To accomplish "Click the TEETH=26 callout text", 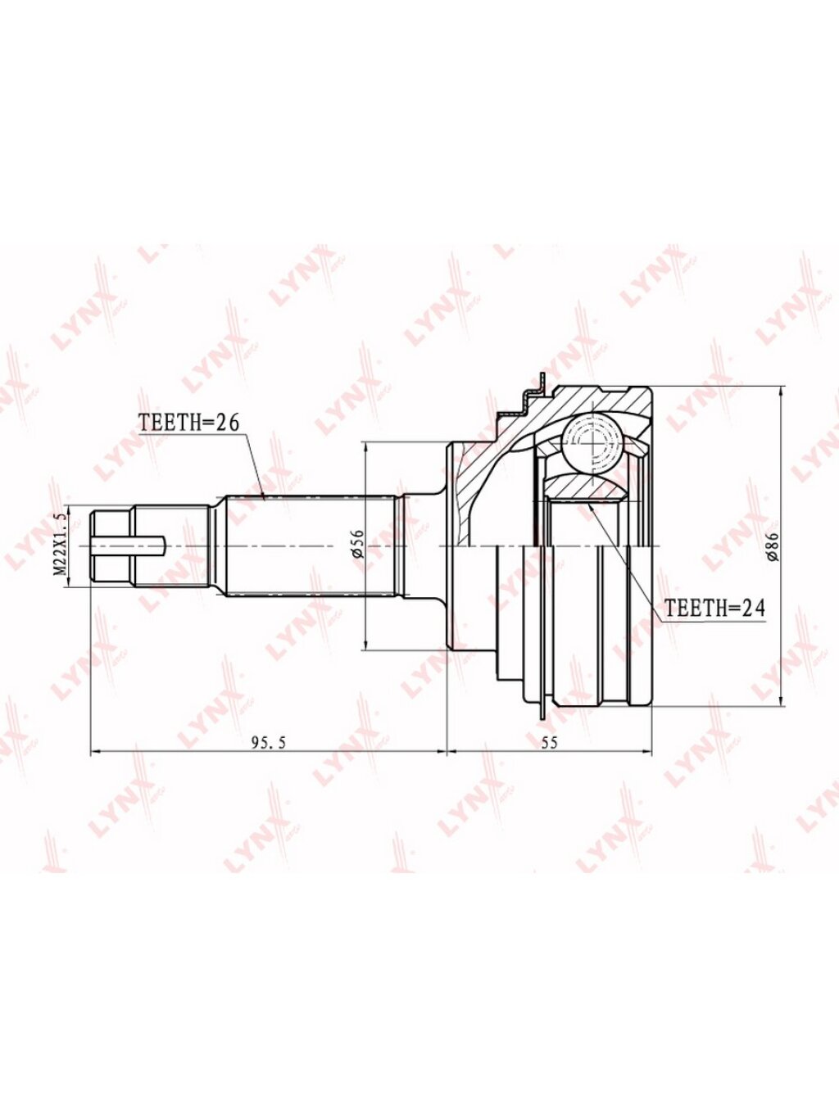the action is tap(188, 423).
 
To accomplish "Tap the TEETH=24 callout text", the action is tap(716, 608).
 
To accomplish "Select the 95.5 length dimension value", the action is tap(269, 743).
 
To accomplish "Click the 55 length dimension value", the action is tap(549, 743).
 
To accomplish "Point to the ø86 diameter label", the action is tap(773, 545).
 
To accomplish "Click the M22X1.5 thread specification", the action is tap(61, 545).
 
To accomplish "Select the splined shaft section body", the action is tap(311, 545).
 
